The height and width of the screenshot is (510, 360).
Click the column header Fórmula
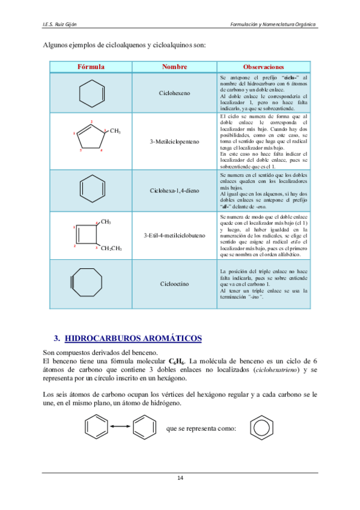tap(91, 66)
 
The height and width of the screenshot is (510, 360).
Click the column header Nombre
tap(175, 66)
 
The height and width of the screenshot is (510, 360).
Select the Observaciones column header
tap(264, 66)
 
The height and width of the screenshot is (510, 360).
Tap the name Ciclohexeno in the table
tap(175, 93)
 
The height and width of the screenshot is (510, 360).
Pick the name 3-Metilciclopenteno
tap(175, 141)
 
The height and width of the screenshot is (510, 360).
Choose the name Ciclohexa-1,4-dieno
tap(175, 191)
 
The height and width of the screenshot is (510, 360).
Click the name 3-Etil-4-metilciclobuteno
tap(175, 235)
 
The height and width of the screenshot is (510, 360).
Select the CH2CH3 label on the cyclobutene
tap(111, 248)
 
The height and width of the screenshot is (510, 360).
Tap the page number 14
tap(180, 478)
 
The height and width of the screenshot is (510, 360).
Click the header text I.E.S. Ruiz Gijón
tap(59, 24)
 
